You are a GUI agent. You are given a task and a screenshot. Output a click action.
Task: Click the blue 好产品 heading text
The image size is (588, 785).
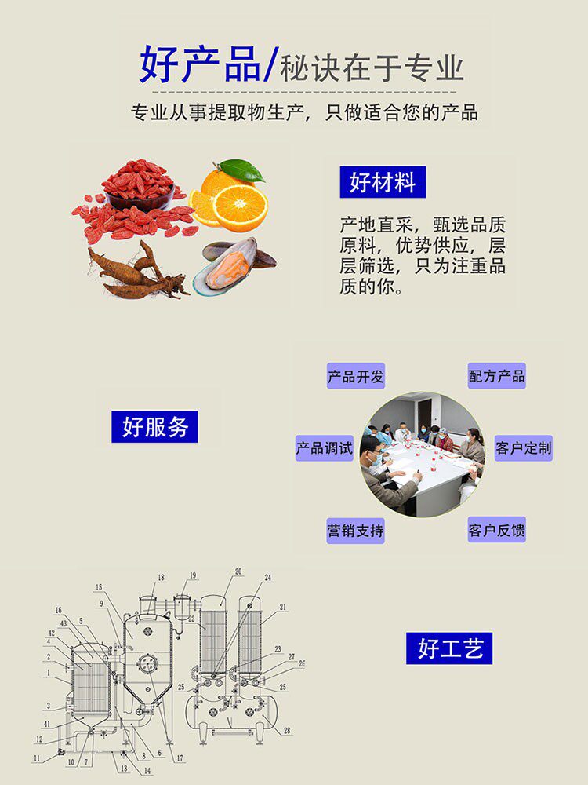[200, 65]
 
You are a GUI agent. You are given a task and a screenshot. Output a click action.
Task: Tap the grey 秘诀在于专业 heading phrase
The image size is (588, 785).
[372, 68]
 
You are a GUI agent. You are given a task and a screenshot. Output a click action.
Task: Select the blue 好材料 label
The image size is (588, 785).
[383, 182]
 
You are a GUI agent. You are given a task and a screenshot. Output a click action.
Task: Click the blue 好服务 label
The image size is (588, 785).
[154, 427]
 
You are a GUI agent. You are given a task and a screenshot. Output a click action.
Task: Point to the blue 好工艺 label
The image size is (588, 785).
[449, 648]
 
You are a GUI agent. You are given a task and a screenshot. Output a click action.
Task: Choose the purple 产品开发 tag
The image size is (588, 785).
[356, 376]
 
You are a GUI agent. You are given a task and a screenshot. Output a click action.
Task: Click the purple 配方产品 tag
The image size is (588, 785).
[496, 376]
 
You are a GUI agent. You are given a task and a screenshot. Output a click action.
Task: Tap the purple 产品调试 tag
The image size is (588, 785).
[325, 449]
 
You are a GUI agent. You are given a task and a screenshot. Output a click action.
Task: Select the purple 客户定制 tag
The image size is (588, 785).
[523, 449]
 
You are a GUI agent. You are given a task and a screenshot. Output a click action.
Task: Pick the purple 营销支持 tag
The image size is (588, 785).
[356, 531]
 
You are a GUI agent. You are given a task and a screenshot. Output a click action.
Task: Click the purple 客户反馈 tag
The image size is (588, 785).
[496, 531]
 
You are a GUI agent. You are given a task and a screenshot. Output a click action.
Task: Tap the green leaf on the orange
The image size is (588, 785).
[244, 169]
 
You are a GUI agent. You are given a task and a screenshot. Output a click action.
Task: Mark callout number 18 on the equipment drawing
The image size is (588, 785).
[161, 578]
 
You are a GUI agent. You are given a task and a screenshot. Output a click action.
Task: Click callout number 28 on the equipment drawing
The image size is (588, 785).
[287, 731]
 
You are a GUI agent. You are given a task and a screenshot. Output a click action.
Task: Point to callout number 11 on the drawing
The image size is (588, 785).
[36, 758]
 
